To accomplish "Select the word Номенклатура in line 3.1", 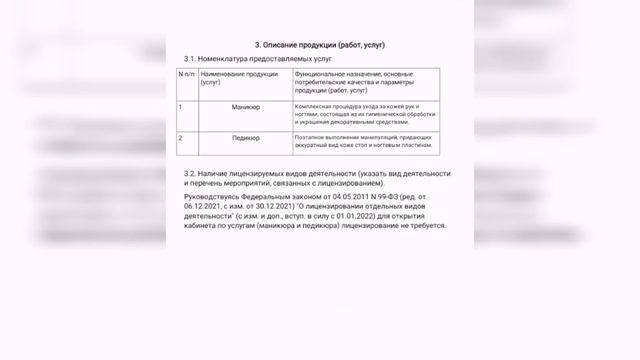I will [x=234, y=61].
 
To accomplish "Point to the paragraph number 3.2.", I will [x=191, y=173].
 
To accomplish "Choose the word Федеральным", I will [x=269, y=197].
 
